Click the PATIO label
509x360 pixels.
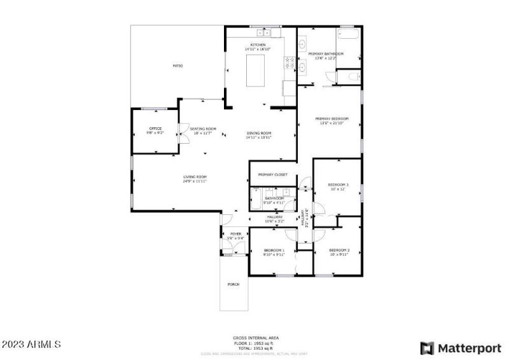coord(178,66)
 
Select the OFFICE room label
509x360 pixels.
coord(155,128)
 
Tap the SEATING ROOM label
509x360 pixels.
coord(203,128)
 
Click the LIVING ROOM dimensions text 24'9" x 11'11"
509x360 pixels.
coord(195,181)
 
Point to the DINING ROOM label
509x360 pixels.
coord(259,133)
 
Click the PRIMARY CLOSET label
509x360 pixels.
coord(272,174)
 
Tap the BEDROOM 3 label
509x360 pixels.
coord(338,184)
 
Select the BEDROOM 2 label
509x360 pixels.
coord(338,250)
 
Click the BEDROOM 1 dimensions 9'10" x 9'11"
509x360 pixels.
coord(274,254)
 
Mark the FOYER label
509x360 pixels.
coord(235,234)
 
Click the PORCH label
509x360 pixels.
coord(234,284)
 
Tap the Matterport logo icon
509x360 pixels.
coord(428,348)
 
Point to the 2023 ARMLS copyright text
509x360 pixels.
coord(31,344)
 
